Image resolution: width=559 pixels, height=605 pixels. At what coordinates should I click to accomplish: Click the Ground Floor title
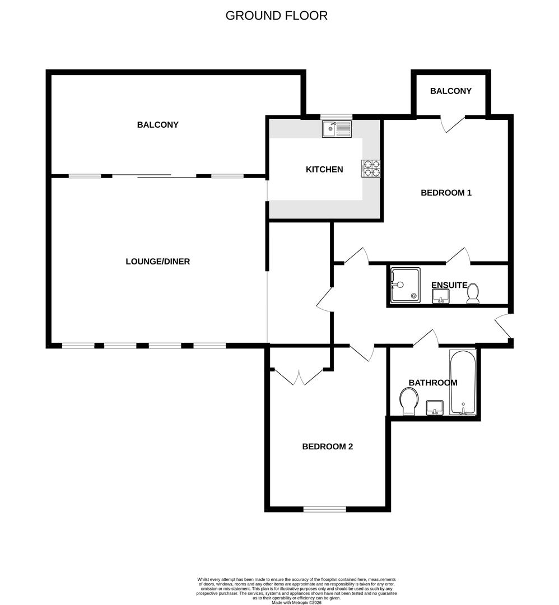point(276,16)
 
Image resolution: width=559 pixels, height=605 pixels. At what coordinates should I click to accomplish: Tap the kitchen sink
point(336,130)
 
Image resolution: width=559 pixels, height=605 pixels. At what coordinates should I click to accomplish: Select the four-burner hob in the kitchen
point(371,169)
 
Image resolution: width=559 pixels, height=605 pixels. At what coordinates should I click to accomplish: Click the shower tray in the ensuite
point(406,285)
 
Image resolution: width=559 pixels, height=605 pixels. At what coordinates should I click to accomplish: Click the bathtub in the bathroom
point(463,383)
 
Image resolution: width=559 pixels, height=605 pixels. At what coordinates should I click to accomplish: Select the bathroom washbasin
point(435,408)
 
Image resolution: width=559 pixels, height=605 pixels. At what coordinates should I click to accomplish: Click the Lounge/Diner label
point(157,262)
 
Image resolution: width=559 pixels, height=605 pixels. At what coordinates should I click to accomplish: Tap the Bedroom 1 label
point(446,193)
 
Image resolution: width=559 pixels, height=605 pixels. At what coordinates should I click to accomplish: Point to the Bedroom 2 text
point(327,446)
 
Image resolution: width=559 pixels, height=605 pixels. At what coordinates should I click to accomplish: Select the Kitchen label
point(324,169)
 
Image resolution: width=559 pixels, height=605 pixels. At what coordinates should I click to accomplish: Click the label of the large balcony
point(157,125)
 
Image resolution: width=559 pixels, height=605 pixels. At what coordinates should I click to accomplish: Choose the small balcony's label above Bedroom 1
point(450,91)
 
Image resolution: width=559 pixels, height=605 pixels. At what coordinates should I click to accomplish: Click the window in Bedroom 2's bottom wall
point(324,509)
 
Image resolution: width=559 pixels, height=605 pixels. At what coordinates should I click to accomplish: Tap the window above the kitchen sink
point(336,117)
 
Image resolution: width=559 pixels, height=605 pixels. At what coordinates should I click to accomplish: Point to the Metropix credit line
point(297,602)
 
